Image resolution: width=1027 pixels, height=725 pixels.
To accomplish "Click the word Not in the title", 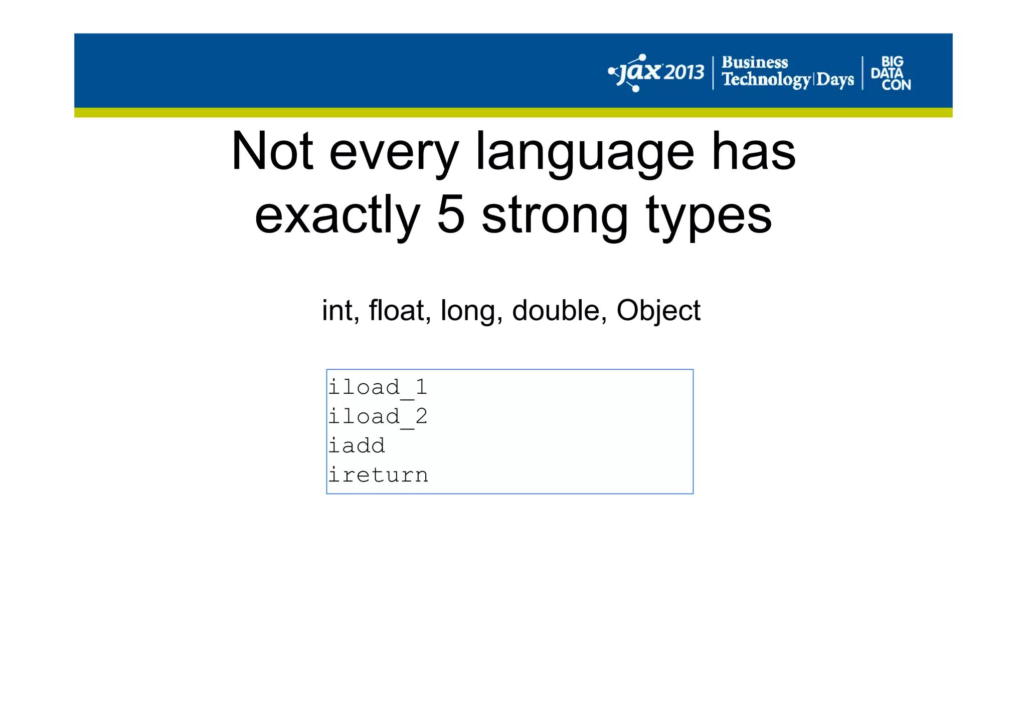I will pos(272,151).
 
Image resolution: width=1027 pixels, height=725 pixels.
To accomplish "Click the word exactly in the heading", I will pos(337,215).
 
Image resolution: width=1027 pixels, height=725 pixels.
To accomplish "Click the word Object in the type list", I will pos(658,311).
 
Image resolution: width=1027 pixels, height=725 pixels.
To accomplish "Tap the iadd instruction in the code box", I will pos(357,445).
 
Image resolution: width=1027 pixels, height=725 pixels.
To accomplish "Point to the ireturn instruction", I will pos(378,475).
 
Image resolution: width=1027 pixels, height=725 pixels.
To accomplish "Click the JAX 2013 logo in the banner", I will pos(656,73).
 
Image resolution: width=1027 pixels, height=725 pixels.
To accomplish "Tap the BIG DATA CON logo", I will pos(891,73).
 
